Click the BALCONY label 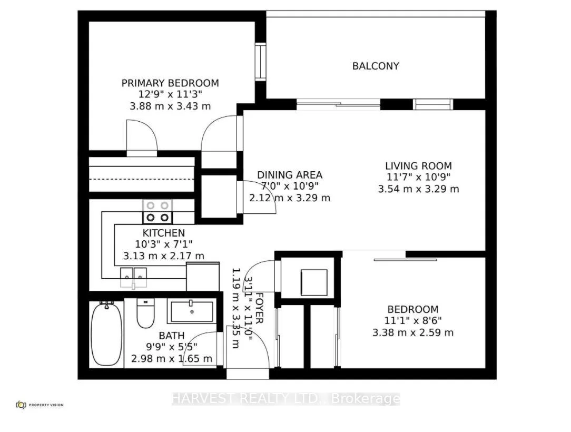(x=376, y=66)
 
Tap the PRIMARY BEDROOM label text (x=170, y=83)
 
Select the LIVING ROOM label (x=418, y=166)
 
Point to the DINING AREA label (x=290, y=175)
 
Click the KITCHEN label (x=163, y=233)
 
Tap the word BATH (x=172, y=336)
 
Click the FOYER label (x=259, y=308)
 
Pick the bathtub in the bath (x=106, y=334)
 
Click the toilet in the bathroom (x=145, y=313)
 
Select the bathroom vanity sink (x=192, y=312)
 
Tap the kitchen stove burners (x=157, y=212)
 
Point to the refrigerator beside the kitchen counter (x=203, y=277)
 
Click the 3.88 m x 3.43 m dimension (x=170, y=106)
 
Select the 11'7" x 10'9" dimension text (x=418, y=178)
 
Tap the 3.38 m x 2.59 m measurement (x=412, y=332)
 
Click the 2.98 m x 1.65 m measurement (x=172, y=359)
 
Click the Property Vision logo (x=40, y=405)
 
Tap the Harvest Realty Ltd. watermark (x=286, y=399)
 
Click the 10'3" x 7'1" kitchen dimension (x=163, y=244)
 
